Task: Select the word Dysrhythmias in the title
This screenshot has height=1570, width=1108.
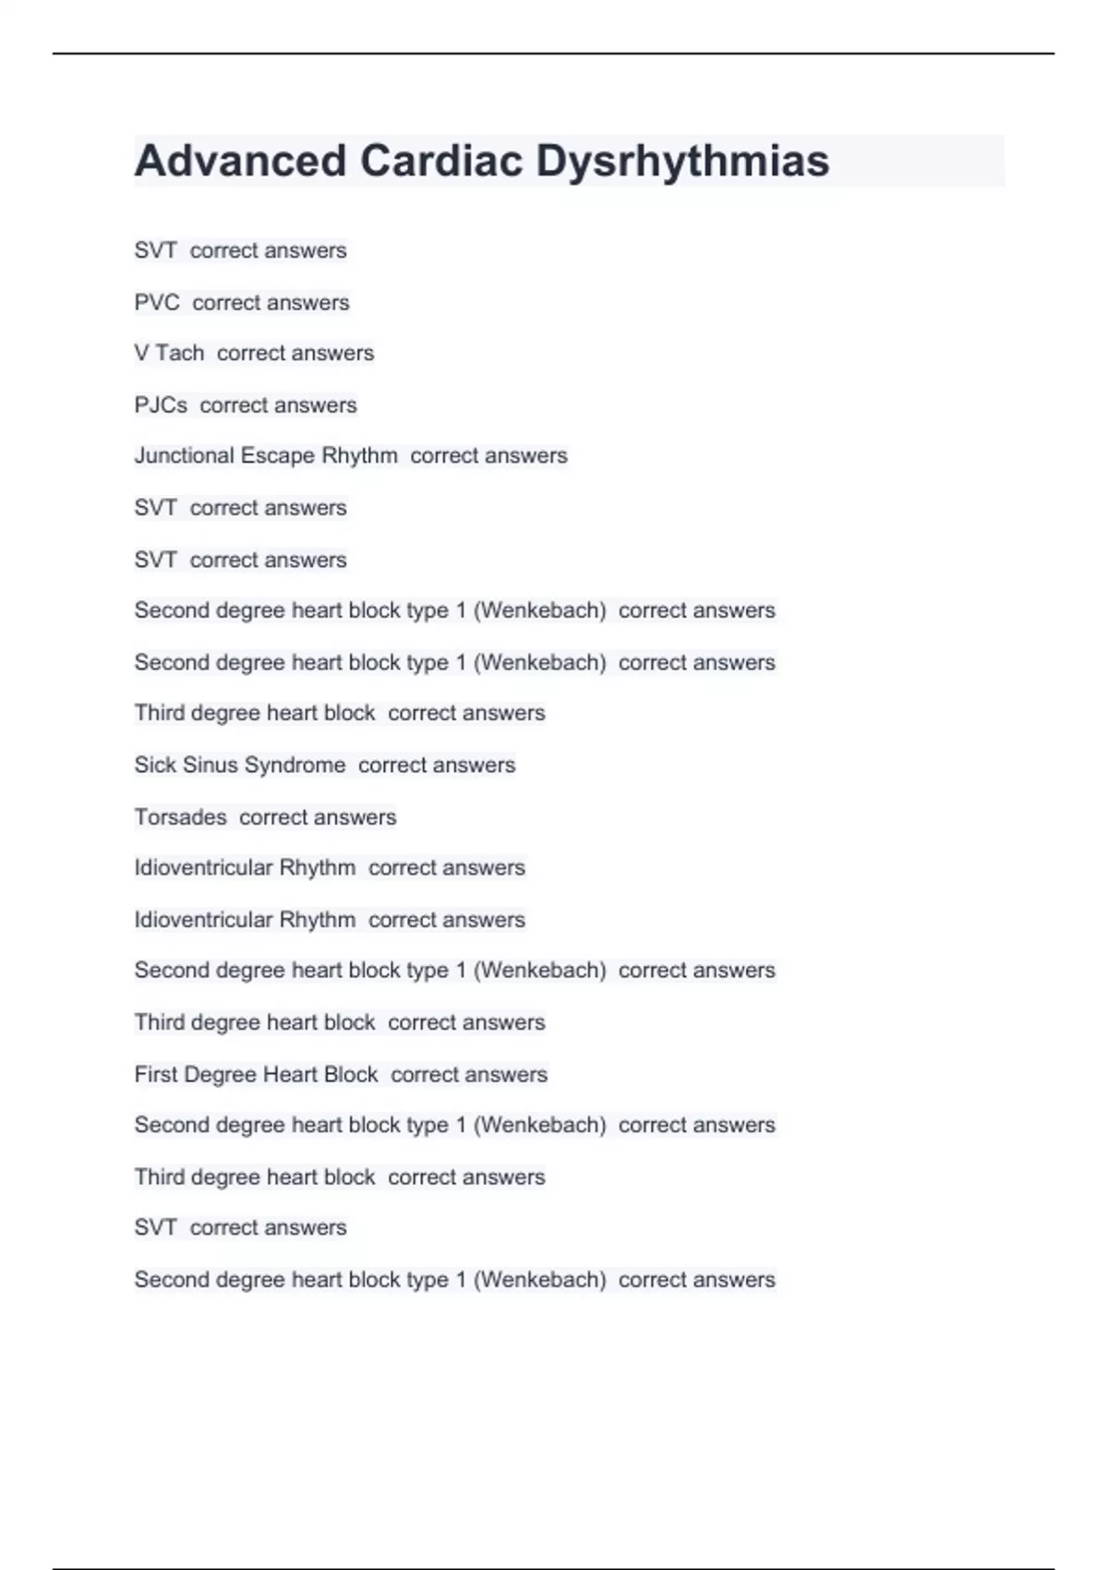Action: (682, 161)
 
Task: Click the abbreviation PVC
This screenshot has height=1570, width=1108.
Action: (157, 303)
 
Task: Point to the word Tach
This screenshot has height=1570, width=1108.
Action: (180, 353)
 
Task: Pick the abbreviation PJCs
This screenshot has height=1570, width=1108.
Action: (161, 405)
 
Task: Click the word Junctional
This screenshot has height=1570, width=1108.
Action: (184, 456)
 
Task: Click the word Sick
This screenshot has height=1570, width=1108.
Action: (153, 766)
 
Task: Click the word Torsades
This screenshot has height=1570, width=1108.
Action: (180, 817)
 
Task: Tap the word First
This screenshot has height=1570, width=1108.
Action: (156, 1075)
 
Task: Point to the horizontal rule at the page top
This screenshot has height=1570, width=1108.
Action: (554, 54)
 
